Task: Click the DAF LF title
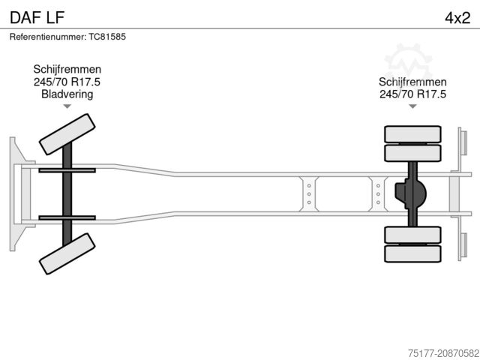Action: tap(37, 17)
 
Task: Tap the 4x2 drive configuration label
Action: tap(457, 18)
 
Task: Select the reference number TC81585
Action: tap(107, 37)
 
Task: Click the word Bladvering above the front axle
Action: tap(67, 94)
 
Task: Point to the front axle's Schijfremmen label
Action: tap(67, 69)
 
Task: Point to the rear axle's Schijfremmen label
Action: tap(412, 82)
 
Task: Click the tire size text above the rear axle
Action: tap(412, 94)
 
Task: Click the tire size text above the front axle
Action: tap(67, 82)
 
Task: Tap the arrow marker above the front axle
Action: tap(67, 106)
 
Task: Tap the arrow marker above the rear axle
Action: tap(412, 106)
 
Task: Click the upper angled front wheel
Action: tap(67, 134)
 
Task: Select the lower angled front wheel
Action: tap(67, 253)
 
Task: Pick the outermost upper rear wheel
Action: tap(412, 134)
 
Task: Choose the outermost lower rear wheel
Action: tap(412, 253)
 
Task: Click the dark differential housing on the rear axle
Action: tap(410, 193)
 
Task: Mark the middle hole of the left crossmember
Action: tap(309, 194)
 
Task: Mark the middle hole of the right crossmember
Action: tap(378, 194)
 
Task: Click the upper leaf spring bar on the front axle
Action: tap(67, 170)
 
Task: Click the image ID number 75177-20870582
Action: tap(443, 353)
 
